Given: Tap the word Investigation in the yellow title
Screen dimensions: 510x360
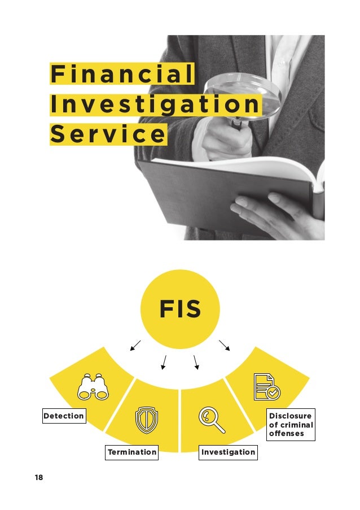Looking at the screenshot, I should [x=155, y=105].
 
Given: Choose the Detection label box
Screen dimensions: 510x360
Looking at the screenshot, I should [x=64, y=416].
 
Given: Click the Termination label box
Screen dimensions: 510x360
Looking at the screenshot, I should [x=132, y=452].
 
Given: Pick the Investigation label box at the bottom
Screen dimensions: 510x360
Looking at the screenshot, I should [x=228, y=452].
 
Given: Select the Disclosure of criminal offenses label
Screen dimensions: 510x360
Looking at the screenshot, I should [x=291, y=424].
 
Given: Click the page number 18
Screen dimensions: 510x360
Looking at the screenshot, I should [x=38, y=478].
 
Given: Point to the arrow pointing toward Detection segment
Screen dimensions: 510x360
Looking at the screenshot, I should [x=135, y=345].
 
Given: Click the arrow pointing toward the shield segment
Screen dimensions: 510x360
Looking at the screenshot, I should [x=164, y=361].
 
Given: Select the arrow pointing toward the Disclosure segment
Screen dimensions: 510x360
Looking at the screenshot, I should [x=225, y=345].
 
